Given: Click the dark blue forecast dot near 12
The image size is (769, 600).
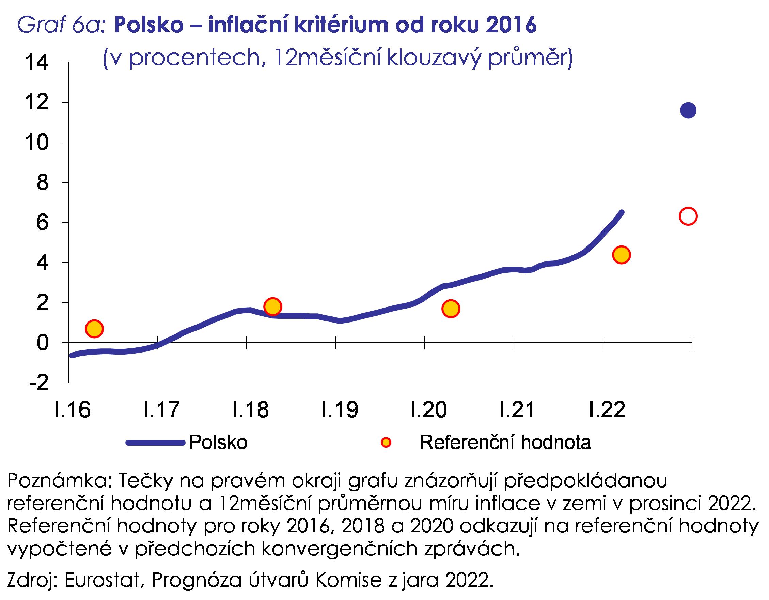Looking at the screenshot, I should [x=688, y=110].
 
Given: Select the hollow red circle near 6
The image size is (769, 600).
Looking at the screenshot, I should [x=688, y=216].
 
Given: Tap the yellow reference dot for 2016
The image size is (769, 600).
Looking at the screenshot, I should [x=94, y=329].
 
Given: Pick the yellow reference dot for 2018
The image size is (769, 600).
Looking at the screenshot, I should [x=272, y=306].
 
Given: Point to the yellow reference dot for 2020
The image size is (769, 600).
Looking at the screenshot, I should [x=451, y=309].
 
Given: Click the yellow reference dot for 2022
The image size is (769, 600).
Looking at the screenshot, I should [x=622, y=255].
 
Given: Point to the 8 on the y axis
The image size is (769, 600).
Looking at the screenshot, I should [x=42, y=183].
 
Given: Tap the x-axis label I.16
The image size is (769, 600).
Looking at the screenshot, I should [x=73, y=410].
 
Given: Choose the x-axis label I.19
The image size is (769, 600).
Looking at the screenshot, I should [x=340, y=410].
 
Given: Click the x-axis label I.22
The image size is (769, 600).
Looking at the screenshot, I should [x=607, y=410].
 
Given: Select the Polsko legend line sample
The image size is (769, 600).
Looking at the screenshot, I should [x=155, y=442].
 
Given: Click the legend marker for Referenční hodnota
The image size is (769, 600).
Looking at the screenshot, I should [x=386, y=442].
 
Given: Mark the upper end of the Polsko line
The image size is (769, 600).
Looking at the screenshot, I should [x=622, y=213].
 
